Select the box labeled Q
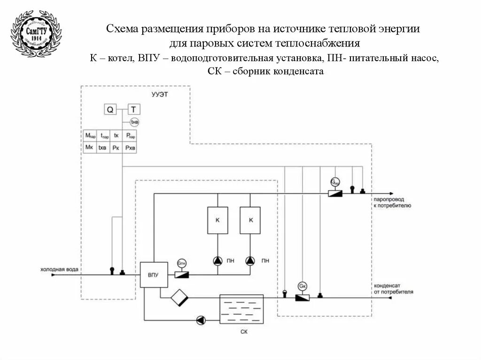110,110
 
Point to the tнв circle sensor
134,122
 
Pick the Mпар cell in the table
90,135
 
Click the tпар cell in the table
104,135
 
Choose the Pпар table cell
131,135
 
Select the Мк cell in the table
89,147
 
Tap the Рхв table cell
131,147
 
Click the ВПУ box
154,274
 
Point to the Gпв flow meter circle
182,265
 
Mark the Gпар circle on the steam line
335,182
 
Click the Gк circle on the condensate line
302,286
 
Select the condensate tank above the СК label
241,309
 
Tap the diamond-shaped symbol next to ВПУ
179,297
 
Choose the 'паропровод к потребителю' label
392,202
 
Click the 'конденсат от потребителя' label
393,288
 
